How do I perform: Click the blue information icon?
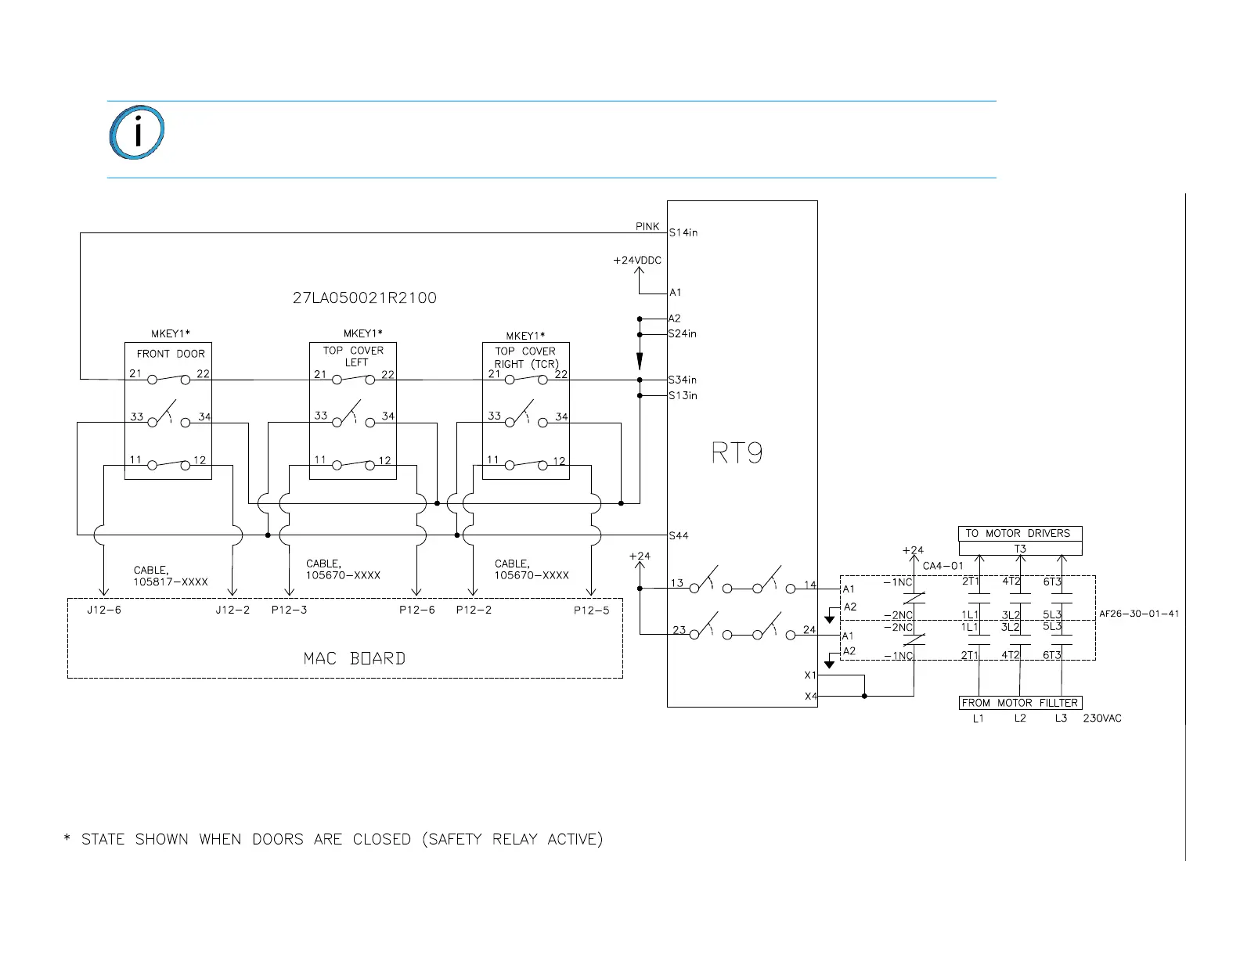coord(136,131)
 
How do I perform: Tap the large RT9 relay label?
coord(737,453)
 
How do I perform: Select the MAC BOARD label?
coord(355,658)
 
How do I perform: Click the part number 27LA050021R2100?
coord(365,298)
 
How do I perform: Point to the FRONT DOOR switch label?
coord(171,354)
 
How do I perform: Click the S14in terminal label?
coord(683,232)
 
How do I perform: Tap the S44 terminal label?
coord(679,535)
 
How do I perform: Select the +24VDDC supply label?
coord(637,260)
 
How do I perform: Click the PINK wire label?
coord(647,226)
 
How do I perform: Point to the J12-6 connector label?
coord(104,610)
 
